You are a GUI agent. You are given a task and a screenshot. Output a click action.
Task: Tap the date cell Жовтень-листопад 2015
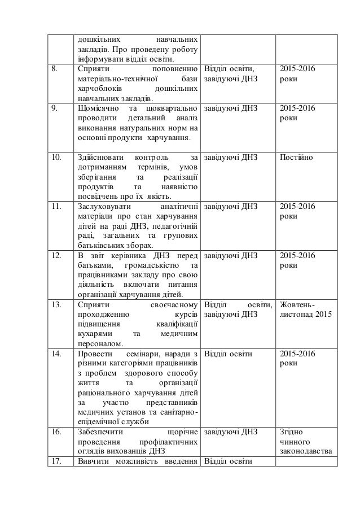tap(305, 310)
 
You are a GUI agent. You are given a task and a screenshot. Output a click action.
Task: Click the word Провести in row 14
tap(91, 354)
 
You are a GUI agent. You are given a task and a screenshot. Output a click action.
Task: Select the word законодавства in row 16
tap(305, 451)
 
